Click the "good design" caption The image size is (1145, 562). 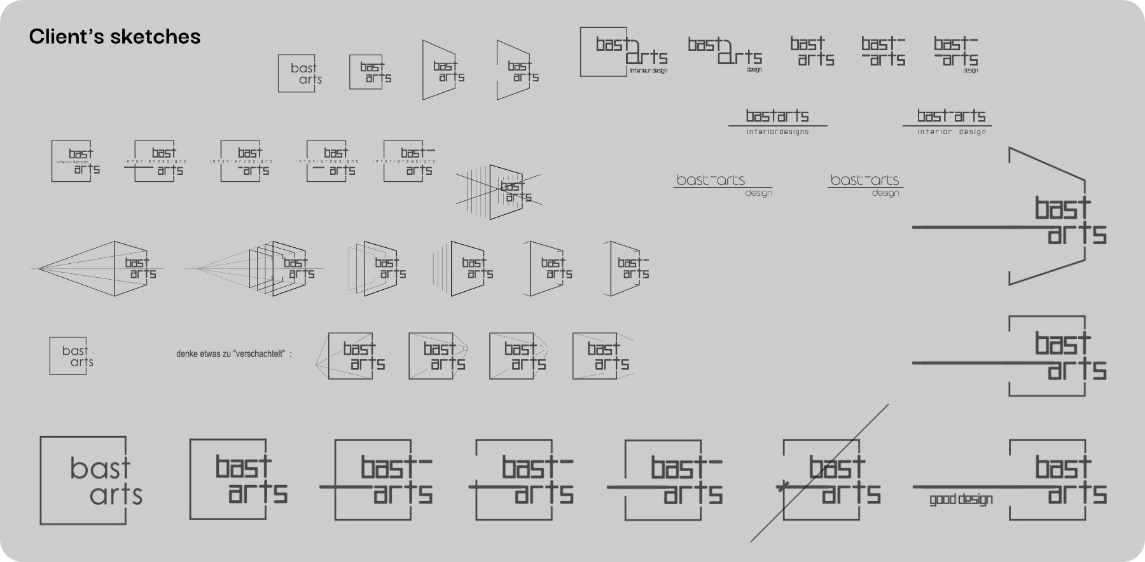[961, 500]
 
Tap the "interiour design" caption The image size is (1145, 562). [648, 71]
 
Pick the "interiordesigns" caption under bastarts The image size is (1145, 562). [777, 132]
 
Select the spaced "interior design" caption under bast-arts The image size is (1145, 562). [951, 132]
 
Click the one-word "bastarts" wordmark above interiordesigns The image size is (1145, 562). [777, 116]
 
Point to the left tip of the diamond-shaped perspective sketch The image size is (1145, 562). [39, 269]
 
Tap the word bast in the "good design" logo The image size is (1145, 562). [1062, 467]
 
